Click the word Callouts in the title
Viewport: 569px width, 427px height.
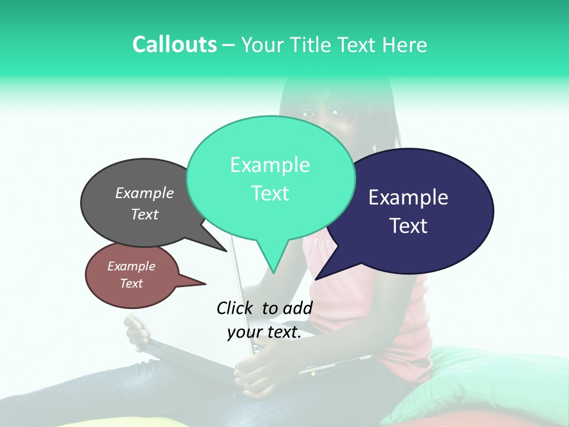[174, 44]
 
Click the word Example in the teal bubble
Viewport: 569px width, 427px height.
[270, 165]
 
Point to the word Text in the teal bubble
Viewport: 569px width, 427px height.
[270, 193]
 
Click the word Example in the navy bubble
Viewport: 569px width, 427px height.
[408, 197]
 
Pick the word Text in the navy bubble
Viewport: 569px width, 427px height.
[408, 226]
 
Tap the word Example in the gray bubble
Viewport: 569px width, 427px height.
[145, 193]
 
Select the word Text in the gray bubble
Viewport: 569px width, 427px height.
[145, 214]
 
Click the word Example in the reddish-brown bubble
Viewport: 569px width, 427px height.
[132, 266]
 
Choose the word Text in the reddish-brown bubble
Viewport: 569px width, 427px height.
[132, 283]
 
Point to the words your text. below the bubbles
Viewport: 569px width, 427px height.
[264, 333]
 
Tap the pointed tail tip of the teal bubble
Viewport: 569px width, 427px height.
[273, 273]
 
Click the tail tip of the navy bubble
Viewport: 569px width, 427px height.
[315, 279]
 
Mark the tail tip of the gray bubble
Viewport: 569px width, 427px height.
[226, 251]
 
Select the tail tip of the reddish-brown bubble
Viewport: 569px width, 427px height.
[205, 283]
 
